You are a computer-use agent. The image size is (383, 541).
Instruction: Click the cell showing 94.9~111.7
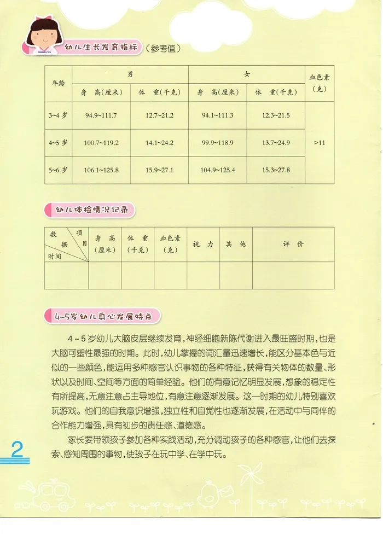[x=101, y=115]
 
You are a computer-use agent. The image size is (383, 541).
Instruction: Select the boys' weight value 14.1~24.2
[x=160, y=143]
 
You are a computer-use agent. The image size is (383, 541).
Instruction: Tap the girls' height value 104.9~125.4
[x=218, y=170]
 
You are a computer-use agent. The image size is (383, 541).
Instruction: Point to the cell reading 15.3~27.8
[x=276, y=170]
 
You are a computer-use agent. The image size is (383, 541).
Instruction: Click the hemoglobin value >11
[x=320, y=143]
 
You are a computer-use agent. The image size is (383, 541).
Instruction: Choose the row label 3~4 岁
[x=57, y=115]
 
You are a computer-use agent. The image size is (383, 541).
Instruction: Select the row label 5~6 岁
[x=57, y=170]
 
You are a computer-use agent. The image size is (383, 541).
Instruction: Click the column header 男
[x=130, y=73]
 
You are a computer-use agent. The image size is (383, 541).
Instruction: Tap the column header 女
[x=247, y=73]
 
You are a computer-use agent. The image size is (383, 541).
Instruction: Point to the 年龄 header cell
[x=57, y=83]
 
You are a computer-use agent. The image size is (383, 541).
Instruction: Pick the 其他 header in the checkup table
[x=236, y=244]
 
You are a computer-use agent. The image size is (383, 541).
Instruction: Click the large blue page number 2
[x=16, y=451]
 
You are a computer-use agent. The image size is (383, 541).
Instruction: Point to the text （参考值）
[x=163, y=49]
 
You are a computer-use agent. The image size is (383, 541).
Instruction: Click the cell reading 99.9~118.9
[x=218, y=143]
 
